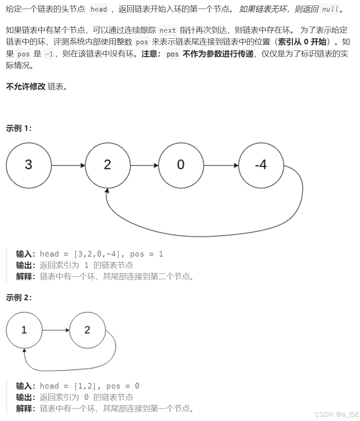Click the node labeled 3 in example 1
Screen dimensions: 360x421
pyautogui.click(x=29, y=166)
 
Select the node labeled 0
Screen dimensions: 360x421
pyautogui.click(x=181, y=166)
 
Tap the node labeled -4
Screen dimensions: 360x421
pyautogui.click(x=261, y=166)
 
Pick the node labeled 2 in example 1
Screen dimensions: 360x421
pyautogui.click(x=108, y=166)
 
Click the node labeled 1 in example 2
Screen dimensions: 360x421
pyautogui.click(x=24, y=330)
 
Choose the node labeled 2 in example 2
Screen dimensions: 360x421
pyautogui.click(x=88, y=330)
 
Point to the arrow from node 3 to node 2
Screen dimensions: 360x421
pyautogui.click(x=68, y=166)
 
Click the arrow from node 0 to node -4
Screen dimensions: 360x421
pyautogui.click(x=221, y=166)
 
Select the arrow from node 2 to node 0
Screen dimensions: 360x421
pyautogui.click(x=145, y=166)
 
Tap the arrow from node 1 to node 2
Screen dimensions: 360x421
pyautogui.click(x=56, y=330)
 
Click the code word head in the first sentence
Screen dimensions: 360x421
pyautogui.click(x=99, y=9)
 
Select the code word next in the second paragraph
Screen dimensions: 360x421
pyautogui.click(x=168, y=30)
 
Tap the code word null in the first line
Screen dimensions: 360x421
pyautogui.click(x=330, y=9)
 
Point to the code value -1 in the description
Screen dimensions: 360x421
pyautogui.click(x=49, y=54)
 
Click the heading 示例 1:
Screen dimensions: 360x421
pyautogui.click(x=19, y=128)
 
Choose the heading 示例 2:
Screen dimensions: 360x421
pyautogui.click(x=19, y=298)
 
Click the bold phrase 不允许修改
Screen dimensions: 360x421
pyautogui.click(x=26, y=87)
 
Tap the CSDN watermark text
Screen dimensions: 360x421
pyautogui.click(x=337, y=415)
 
